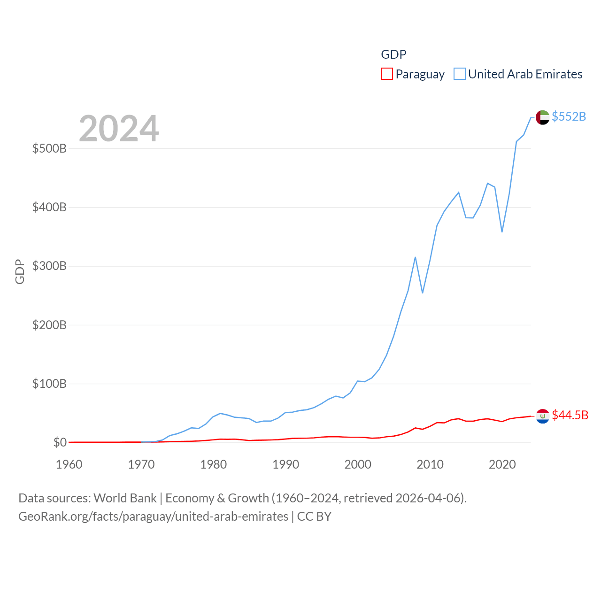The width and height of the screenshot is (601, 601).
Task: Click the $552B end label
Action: (569, 116)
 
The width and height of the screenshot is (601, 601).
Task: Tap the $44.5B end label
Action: (570, 415)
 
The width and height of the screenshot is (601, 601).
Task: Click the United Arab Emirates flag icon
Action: (543, 117)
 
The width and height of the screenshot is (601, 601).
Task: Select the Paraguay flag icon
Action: (543, 416)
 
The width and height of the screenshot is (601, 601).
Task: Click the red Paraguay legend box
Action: (387, 74)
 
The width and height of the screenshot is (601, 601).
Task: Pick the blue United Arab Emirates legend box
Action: (460, 74)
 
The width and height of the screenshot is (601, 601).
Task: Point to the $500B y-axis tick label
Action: (49, 149)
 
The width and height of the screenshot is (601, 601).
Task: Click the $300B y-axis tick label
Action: (49, 266)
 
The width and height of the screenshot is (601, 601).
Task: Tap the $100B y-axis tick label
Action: (49, 384)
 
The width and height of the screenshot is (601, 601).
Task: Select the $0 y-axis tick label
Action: (60, 443)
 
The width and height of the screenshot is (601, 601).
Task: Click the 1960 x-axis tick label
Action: (69, 465)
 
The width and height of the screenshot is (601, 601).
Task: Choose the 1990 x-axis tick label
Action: (285, 465)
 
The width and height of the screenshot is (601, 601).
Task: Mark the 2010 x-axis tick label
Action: (430, 465)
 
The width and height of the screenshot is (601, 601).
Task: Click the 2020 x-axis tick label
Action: (502, 465)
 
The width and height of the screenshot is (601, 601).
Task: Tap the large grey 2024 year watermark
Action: (119, 129)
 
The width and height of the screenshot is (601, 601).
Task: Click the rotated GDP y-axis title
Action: (20, 271)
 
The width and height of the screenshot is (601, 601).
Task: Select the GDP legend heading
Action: (393, 54)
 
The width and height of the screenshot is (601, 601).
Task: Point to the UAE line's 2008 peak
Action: (416, 257)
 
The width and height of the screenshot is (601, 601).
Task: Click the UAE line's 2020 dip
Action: (502, 231)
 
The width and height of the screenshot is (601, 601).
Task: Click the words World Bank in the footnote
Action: (125, 498)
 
